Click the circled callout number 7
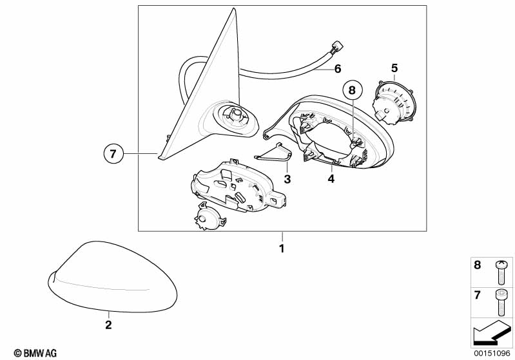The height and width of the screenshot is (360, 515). [113, 153]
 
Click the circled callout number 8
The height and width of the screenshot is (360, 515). [352, 90]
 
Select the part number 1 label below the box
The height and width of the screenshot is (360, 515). [282, 249]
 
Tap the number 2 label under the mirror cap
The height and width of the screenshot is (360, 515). [108, 325]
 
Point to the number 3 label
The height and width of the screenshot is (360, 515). [287, 179]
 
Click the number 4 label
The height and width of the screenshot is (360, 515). [331, 179]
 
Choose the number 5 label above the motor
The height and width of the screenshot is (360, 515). [394, 68]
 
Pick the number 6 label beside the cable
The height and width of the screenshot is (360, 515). [338, 69]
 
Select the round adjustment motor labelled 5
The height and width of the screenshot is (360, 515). [394, 102]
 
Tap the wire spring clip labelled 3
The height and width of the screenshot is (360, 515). [273, 153]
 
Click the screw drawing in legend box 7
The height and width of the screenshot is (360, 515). [501, 302]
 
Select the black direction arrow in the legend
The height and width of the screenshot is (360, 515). [492, 332]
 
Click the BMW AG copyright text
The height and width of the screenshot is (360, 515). [35, 353]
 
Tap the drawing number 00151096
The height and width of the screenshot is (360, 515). [492, 353]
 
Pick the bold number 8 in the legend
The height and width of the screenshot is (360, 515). [477, 265]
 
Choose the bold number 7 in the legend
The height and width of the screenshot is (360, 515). [477, 295]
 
